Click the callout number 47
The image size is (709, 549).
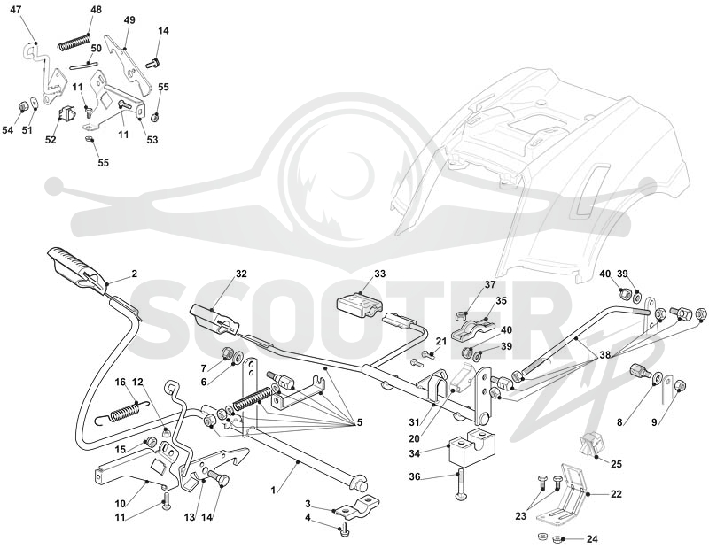[15, 9]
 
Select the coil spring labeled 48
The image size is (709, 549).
[74, 41]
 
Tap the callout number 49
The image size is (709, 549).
[129, 20]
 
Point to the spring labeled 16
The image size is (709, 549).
[123, 412]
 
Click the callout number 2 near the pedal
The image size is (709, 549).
[135, 274]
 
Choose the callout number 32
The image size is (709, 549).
[241, 274]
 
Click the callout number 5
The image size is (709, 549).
[360, 422]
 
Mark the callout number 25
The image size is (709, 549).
[616, 464]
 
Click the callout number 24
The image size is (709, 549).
[592, 539]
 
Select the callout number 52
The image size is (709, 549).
[51, 140]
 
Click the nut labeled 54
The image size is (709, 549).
[23, 106]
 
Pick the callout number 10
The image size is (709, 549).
[120, 503]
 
